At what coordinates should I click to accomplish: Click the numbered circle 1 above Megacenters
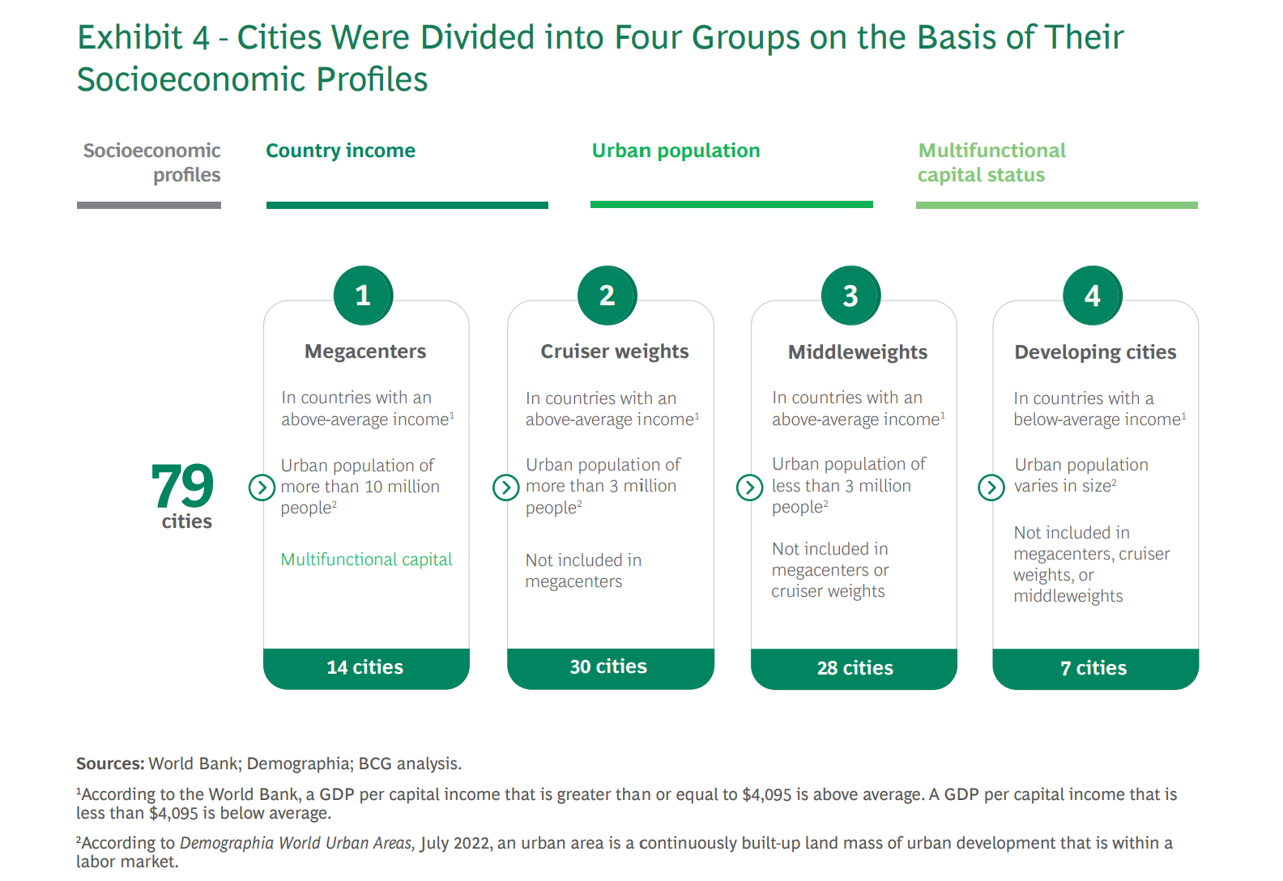point(363,296)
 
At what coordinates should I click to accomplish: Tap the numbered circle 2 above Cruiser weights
point(607,296)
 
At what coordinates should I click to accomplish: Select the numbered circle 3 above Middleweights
point(850,296)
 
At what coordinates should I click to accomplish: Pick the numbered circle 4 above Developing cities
point(1093,296)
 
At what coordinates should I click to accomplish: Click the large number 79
point(182,486)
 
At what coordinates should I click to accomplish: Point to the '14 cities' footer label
point(364,667)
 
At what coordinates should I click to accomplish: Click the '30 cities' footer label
point(608,667)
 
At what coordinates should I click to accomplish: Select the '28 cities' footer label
point(855,668)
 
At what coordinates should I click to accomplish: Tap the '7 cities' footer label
point(1093,668)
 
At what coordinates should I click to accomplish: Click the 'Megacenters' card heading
point(365,351)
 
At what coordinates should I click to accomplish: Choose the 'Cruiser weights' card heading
point(615,351)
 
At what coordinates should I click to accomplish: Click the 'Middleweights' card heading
point(858,352)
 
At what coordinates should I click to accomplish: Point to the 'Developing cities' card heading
point(1095,352)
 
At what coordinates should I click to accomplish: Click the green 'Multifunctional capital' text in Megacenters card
point(367,560)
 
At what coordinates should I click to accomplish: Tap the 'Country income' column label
point(341,151)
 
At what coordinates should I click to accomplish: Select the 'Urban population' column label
point(676,151)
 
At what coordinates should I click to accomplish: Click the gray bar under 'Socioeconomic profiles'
point(149,205)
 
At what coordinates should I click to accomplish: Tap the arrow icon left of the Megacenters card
point(262,487)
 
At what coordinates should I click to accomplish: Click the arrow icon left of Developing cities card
point(991,487)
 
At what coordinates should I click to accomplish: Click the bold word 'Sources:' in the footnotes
point(110,764)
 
